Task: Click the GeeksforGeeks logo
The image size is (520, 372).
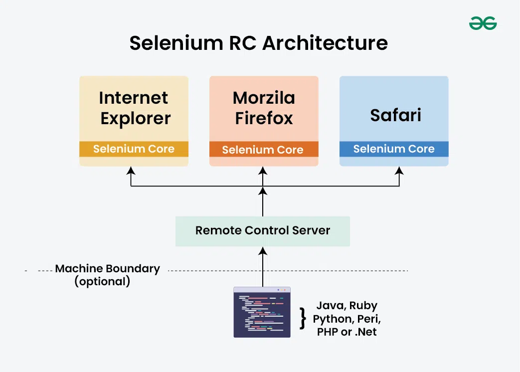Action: pos(483,23)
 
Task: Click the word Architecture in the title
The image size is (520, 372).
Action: pos(325,43)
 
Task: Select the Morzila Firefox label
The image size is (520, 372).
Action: pos(264,108)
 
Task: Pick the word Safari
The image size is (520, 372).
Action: pos(395,115)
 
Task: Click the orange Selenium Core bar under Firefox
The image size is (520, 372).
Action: pos(263,150)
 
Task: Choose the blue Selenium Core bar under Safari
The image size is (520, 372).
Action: pos(394,149)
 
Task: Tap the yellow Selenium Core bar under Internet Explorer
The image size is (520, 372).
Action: pos(134,149)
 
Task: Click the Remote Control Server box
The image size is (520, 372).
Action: pos(263,230)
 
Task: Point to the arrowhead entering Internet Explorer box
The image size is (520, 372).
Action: pos(131,171)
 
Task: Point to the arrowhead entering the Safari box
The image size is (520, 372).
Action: pos(399,171)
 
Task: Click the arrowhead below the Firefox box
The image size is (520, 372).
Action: pos(263,171)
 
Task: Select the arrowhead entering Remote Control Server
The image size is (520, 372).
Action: pos(263,250)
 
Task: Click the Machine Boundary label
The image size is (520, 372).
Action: pos(108,268)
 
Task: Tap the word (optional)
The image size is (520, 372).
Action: pos(102,282)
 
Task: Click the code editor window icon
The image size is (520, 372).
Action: pos(262,312)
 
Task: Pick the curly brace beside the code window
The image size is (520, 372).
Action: pos(302,318)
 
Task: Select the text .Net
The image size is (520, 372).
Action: pos(366,332)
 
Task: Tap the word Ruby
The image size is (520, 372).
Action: pos(363,306)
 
